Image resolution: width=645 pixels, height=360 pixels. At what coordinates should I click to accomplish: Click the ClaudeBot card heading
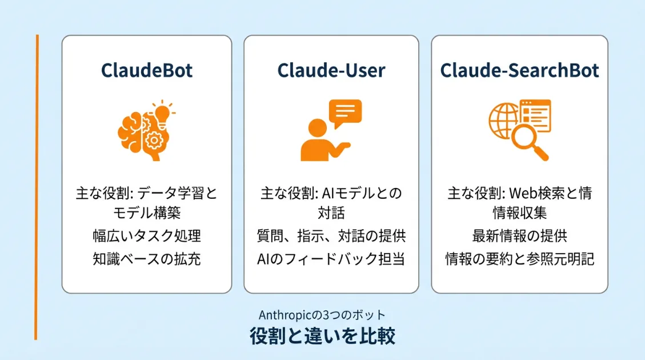coord(147,70)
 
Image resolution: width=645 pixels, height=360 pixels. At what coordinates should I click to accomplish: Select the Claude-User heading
coord(331,70)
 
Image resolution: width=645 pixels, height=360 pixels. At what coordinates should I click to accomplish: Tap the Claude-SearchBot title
coord(519,70)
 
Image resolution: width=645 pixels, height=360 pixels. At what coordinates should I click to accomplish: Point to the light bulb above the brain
coord(162,111)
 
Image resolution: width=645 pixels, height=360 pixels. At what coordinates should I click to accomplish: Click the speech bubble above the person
coord(345,113)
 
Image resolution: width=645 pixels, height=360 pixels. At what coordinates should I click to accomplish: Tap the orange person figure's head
coord(318,129)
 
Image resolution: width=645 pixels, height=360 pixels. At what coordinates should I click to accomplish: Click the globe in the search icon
coord(503,121)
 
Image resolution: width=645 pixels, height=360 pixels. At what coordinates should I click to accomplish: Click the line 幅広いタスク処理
coord(147,235)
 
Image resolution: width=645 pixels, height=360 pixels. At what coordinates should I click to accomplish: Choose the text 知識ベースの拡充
coord(147,259)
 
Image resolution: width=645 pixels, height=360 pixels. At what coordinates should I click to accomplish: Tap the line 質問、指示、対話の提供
coord(331,235)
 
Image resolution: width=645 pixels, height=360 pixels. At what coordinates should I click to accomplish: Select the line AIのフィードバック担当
coord(331,259)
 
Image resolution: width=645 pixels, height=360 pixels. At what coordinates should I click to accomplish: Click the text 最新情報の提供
coord(519,235)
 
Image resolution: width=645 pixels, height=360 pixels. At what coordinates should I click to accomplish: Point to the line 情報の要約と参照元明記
coord(519,259)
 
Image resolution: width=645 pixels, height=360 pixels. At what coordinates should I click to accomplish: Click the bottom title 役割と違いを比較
coord(322,336)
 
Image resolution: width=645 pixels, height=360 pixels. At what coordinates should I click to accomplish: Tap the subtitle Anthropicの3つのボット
coord(322,315)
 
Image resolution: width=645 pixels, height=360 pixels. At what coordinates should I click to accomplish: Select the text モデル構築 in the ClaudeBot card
coord(147,213)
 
